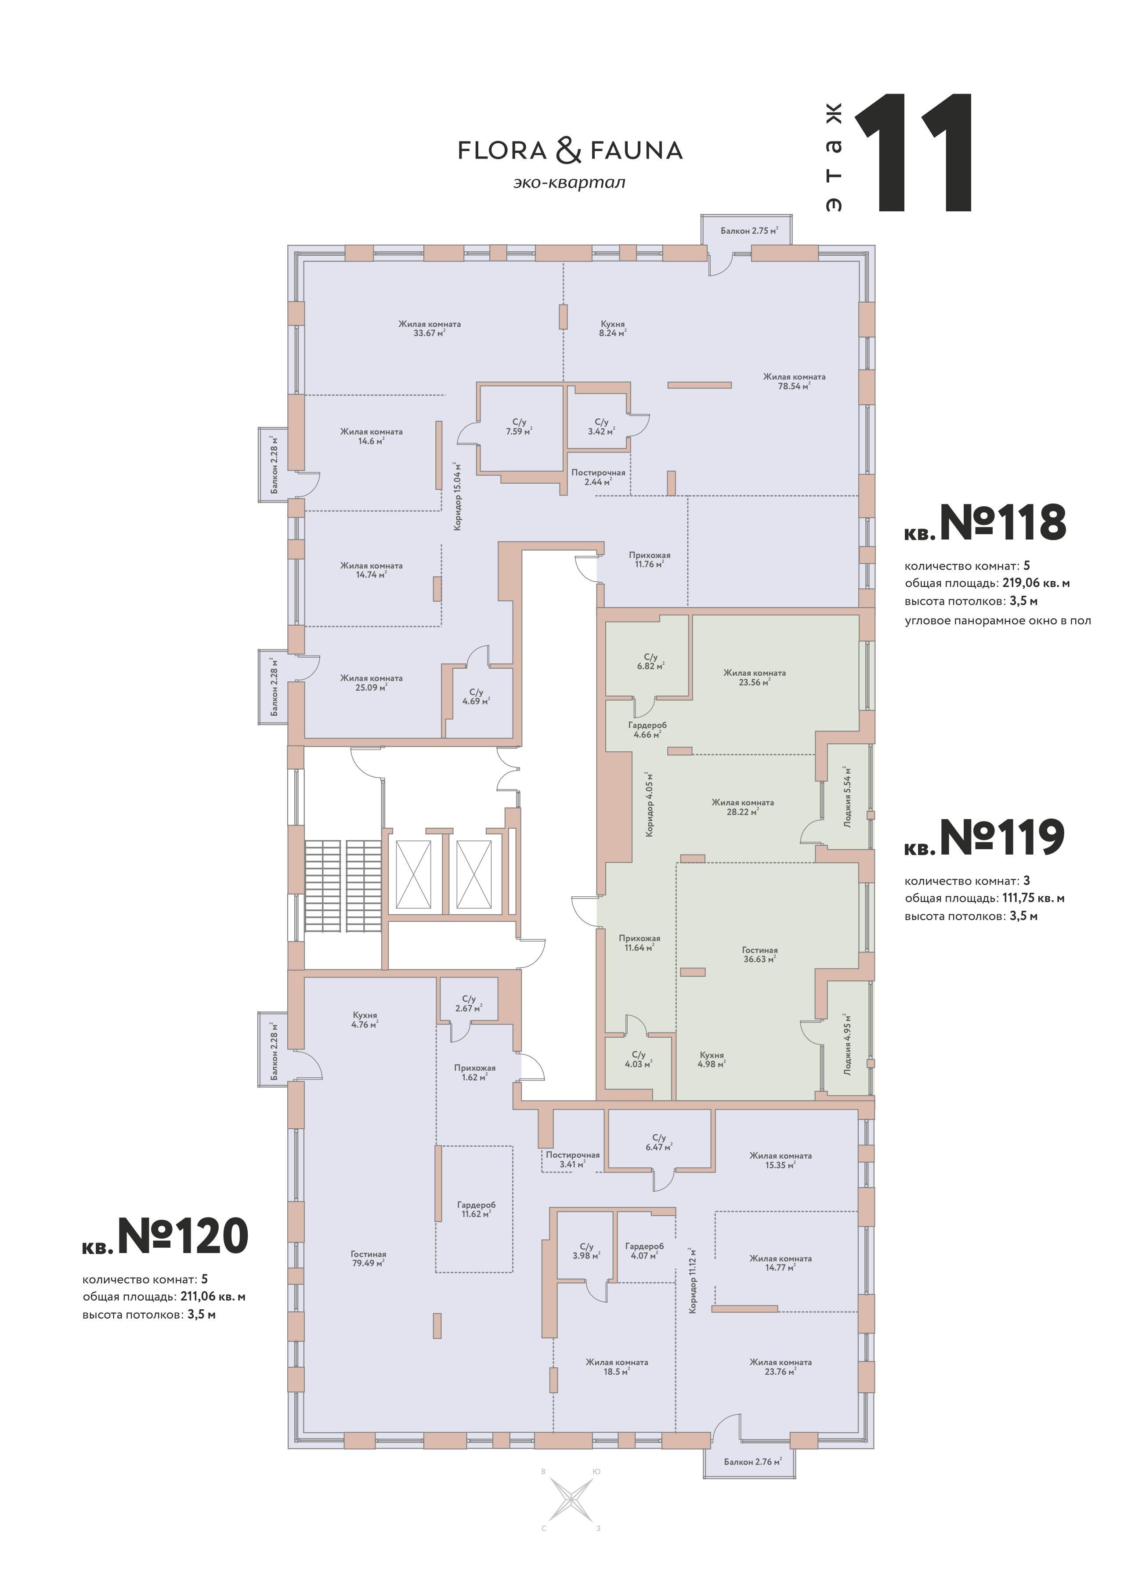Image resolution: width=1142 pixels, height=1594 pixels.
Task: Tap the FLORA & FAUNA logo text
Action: pyautogui.click(x=570, y=150)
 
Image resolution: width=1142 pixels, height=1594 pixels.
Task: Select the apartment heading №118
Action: pyautogui.click(x=985, y=522)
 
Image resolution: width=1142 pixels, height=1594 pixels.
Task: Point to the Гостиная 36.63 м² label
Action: pyautogui.click(x=760, y=954)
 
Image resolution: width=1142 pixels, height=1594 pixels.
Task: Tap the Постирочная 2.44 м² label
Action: pyautogui.click(x=598, y=477)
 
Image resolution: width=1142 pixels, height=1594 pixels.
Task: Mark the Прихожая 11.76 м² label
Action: pyautogui.click(x=649, y=559)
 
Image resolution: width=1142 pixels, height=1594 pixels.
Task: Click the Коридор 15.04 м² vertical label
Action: pyautogui.click(x=458, y=496)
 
